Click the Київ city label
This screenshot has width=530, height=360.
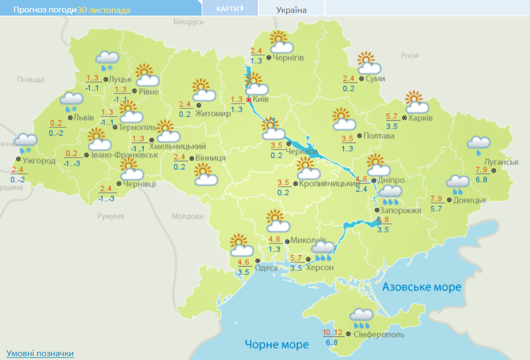click(x=261, y=100)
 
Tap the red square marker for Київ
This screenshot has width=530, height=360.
click(x=248, y=100)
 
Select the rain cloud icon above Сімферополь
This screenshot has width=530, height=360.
click(x=361, y=318)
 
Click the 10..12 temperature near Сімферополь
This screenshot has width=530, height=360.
click(x=332, y=332)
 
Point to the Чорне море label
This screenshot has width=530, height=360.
click(x=276, y=344)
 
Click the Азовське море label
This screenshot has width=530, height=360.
click(x=422, y=287)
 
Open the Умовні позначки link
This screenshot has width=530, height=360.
click(x=40, y=354)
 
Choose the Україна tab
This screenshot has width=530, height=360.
click(x=291, y=10)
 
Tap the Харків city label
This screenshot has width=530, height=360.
click(x=420, y=118)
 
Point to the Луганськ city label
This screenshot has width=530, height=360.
click(x=501, y=162)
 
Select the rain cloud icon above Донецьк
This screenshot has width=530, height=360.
click(x=458, y=185)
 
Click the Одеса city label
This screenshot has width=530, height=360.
click(x=266, y=268)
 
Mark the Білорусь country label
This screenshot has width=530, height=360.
click(x=189, y=22)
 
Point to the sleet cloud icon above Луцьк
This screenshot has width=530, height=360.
click(x=107, y=60)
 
